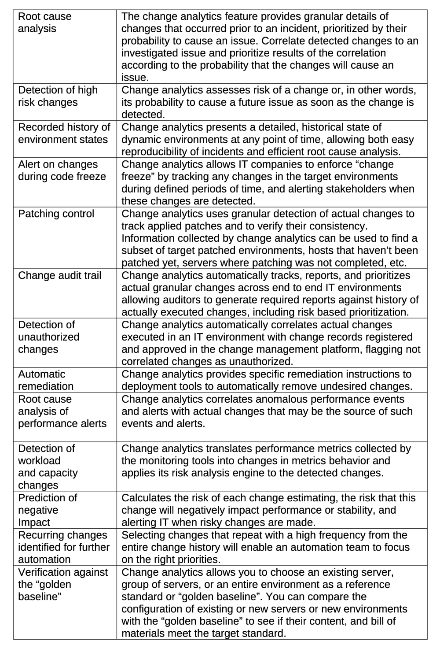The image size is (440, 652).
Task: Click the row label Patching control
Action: [x=56, y=214]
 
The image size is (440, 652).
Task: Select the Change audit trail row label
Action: [x=59, y=276]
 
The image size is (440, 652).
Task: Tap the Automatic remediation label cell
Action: [x=46, y=380]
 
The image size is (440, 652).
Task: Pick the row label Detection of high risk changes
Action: [x=58, y=96]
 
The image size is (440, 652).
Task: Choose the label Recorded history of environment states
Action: [x=64, y=133]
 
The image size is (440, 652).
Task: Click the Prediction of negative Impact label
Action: [x=47, y=510]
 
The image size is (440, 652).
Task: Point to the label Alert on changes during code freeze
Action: [x=62, y=170]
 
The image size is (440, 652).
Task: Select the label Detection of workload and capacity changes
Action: [x=48, y=467]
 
